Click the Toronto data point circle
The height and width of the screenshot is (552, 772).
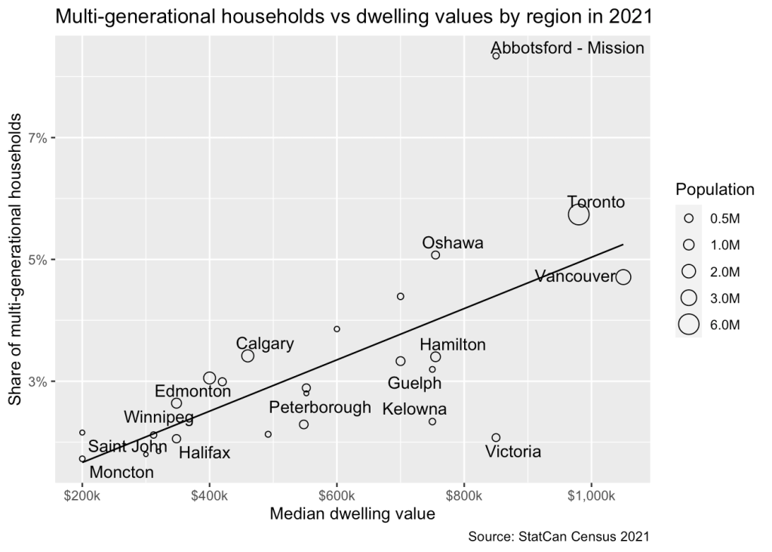(x=579, y=214)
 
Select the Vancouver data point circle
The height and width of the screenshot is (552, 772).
(x=623, y=277)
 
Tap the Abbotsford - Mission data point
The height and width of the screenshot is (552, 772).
(x=496, y=56)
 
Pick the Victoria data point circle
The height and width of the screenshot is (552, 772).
(x=496, y=438)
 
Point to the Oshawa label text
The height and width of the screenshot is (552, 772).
(x=453, y=243)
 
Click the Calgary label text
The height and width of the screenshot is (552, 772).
(x=265, y=344)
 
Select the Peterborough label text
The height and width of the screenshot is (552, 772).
(x=320, y=408)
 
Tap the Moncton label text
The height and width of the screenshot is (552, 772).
(x=121, y=473)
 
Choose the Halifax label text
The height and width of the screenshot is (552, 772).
(x=205, y=453)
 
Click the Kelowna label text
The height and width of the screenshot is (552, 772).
(x=414, y=409)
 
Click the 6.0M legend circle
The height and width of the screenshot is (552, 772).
(x=688, y=325)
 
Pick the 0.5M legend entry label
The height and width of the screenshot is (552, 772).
(x=725, y=217)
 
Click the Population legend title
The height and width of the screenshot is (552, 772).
(x=715, y=189)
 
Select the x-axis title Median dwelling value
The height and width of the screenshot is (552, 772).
(x=352, y=515)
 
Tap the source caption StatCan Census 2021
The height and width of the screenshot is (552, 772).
(x=558, y=537)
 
